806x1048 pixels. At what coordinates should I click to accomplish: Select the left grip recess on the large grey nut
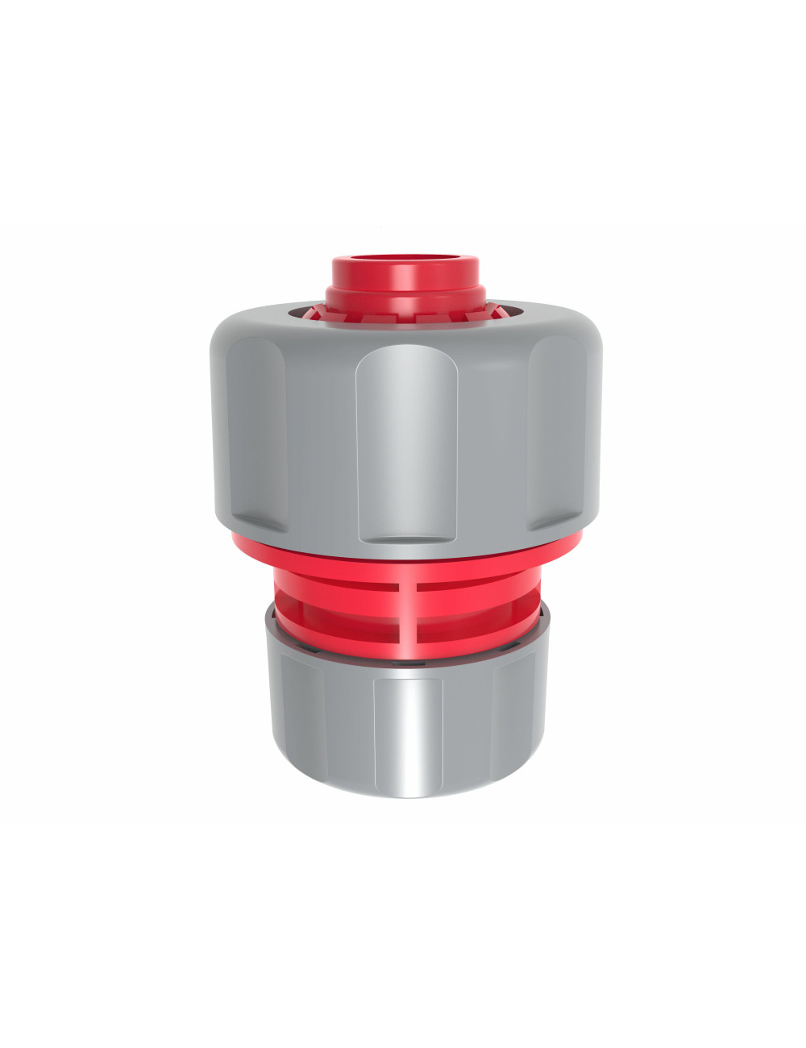[256, 435]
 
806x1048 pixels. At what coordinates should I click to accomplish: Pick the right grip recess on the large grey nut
[558, 435]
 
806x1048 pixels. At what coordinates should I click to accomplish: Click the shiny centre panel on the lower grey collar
[409, 734]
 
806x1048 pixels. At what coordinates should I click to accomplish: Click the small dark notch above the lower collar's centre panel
[409, 663]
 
